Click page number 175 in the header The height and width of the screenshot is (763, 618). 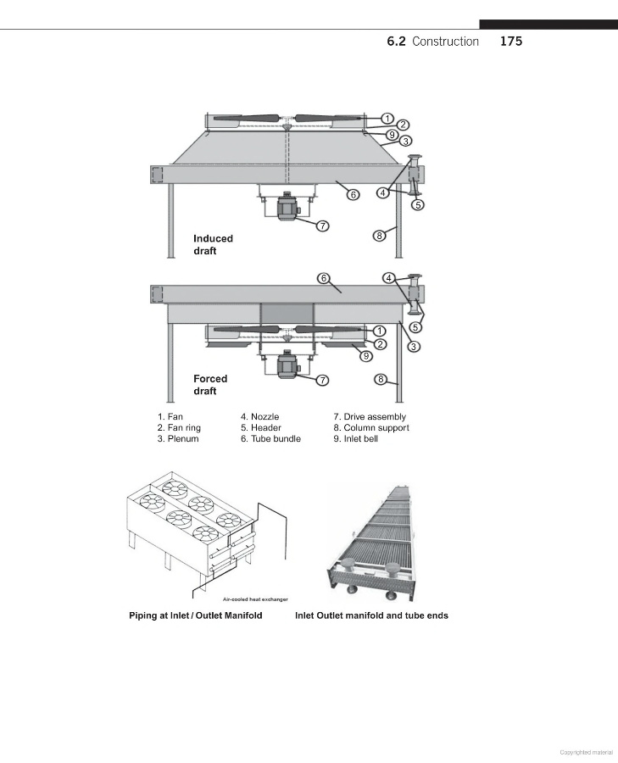511,42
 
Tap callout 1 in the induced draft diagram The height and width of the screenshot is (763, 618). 387,118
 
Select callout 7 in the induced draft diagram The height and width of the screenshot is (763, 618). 323,226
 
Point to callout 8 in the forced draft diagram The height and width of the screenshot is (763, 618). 381,379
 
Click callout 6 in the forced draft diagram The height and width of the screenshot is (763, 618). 324,278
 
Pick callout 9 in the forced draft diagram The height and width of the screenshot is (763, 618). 366,356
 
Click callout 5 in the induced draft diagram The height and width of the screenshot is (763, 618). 418,205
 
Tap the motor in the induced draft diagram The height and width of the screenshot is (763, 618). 287,208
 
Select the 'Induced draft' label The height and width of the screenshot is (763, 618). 213,245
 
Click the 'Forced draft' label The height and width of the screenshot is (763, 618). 210,385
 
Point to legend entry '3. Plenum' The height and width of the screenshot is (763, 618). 178,439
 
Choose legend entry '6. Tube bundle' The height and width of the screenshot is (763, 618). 270,439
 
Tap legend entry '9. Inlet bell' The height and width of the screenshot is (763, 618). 356,439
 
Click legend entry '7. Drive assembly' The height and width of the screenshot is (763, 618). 370,416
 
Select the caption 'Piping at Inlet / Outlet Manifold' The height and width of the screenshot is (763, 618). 196,615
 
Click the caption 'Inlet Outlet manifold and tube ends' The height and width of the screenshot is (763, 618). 371,615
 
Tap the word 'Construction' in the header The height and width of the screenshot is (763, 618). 445,42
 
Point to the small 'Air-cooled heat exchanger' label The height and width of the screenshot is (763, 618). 255,599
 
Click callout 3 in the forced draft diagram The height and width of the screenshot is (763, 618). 414,347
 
